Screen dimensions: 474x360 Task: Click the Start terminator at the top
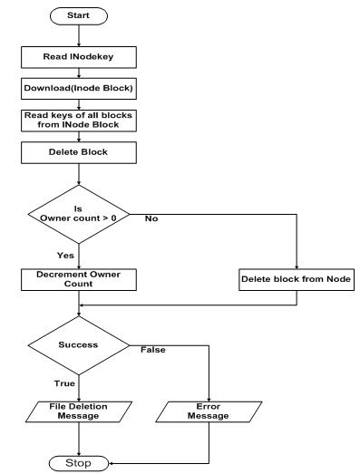click(x=79, y=15)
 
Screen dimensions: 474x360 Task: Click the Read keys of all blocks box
click(x=79, y=120)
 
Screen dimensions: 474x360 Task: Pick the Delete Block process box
click(x=79, y=152)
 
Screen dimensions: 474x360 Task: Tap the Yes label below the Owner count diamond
click(x=64, y=256)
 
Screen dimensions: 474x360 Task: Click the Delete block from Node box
click(x=297, y=280)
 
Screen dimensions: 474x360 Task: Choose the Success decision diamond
click(x=79, y=345)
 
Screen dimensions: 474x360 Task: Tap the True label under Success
click(x=64, y=384)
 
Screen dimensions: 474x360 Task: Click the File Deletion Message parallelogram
click(x=79, y=412)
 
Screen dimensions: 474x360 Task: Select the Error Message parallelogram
click(x=209, y=412)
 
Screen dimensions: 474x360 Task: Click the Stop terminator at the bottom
click(x=79, y=463)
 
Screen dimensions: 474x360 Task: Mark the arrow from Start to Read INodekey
click(x=79, y=34)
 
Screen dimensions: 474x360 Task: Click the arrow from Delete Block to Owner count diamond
click(x=79, y=175)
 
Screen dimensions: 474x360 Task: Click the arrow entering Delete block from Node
click(x=297, y=245)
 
